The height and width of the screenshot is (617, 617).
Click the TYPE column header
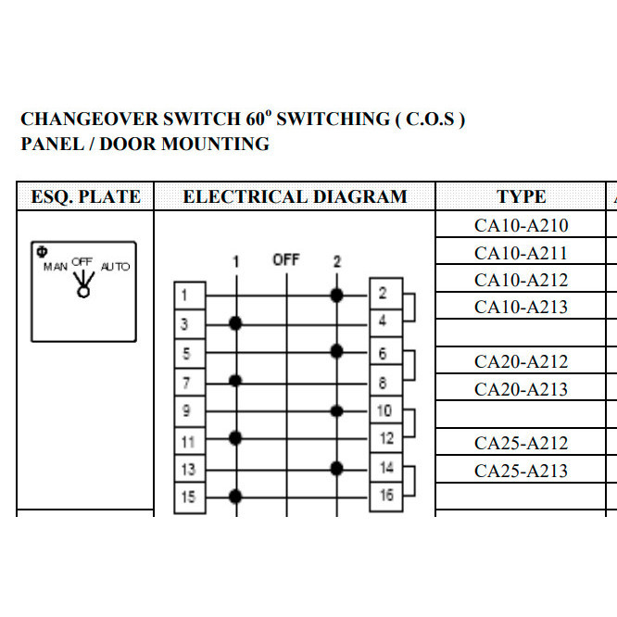(521, 196)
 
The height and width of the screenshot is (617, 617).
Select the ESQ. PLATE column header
(85, 196)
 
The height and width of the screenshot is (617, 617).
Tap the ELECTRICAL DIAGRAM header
(295, 196)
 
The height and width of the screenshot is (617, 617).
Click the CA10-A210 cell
(521, 225)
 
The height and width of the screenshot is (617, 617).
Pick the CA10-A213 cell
(521, 307)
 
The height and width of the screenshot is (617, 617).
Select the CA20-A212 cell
(521, 361)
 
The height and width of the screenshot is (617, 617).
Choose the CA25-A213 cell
(521, 471)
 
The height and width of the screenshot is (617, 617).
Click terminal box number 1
(188, 296)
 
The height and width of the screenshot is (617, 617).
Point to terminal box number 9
(188, 409)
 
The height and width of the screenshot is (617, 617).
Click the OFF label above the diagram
(286, 260)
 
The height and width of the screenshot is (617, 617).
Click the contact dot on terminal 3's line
(236, 322)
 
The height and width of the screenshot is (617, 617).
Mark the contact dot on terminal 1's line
(336, 296)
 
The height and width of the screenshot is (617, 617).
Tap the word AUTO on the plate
(115, 267)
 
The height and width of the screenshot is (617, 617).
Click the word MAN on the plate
(56, 267)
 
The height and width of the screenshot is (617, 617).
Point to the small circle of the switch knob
(83, 292)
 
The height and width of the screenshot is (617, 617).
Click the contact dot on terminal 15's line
(236, 495)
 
